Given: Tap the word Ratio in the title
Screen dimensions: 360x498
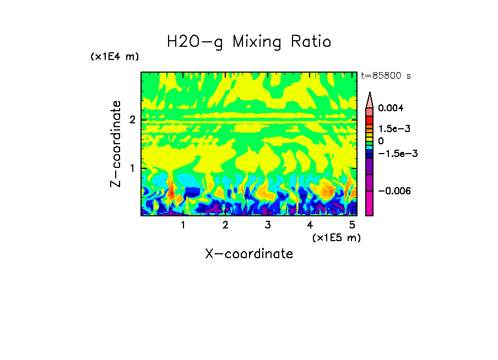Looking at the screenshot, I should click(x=311, y=42).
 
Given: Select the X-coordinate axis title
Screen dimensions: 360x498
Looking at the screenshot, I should click(x=249, y=254).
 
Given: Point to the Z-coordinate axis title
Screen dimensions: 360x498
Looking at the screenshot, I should click(x=116, y=144).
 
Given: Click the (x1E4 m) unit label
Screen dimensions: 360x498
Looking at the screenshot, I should click(x=115, y=57).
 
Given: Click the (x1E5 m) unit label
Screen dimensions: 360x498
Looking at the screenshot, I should click(x=336, y=237).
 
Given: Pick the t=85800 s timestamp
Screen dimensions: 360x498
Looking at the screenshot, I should click(x=386, y=76).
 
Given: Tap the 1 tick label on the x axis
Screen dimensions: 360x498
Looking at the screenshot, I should click(x=183, y=225).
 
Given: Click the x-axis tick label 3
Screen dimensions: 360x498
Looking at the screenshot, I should click(x=267, y=225).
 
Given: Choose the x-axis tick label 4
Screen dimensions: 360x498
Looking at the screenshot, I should click(x=310, y=225).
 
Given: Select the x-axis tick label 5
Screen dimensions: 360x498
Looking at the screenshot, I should click(x=352, y=225).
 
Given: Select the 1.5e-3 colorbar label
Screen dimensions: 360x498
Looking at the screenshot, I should click(x=390, y=129).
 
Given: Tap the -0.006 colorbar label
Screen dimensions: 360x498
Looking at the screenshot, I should click(x=392, y=190).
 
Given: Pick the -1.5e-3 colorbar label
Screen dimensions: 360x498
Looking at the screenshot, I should click(x=393, y=154).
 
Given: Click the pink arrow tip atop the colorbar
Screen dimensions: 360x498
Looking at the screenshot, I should click(x=370, y=99).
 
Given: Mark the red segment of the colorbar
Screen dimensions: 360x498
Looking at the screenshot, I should click(x=370, y=120).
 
